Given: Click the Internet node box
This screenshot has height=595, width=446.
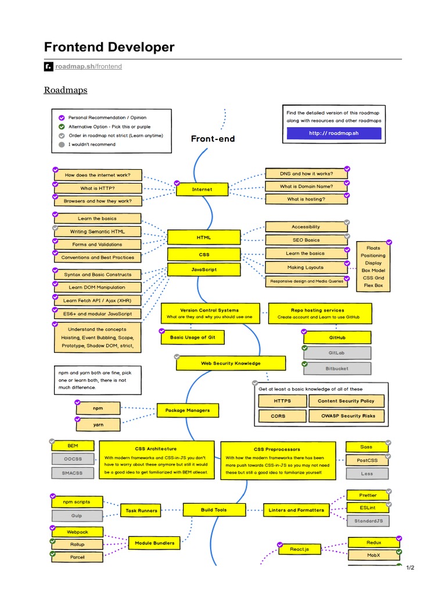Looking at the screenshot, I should (202, 189).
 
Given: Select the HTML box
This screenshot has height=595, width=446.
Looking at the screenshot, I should (204, 237).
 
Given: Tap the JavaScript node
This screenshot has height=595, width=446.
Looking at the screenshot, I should (204, 270).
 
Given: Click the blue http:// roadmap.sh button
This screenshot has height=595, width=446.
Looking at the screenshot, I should (334, 134).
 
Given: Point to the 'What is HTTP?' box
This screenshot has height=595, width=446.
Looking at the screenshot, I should (98, 188).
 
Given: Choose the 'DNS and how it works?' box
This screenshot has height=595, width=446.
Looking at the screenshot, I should (306, 173).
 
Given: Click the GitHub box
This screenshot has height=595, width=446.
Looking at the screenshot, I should (337, 338).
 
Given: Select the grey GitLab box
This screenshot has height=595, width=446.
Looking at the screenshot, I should (337, 353).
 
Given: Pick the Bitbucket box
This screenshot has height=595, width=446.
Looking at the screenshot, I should (337, 368).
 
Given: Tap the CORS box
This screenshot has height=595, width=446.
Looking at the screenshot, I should (278, 416).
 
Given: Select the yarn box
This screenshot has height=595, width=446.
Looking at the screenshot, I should (98, 425).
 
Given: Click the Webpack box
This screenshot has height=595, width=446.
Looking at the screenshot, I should (77, 532).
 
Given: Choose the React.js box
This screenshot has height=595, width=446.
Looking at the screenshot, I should (300, 549).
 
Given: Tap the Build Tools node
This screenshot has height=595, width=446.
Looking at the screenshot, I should (214, 510).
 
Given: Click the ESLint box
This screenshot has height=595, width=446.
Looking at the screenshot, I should (368, 508).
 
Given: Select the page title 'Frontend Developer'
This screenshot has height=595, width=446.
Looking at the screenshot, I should (109, 47).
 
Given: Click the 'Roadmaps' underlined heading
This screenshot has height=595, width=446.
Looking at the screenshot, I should (66, 90).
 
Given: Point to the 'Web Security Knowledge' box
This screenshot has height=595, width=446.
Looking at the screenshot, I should (231, 363).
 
